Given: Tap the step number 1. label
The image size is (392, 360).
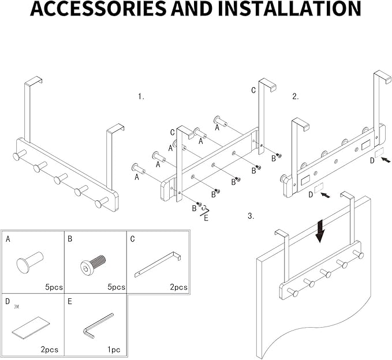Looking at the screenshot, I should (x=141, y=96).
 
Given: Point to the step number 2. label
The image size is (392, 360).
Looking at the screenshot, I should (x=295, y=96).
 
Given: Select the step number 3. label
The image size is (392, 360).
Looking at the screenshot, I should (x=251, y=216).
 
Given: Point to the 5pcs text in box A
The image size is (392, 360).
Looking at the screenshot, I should (x=54, y=287).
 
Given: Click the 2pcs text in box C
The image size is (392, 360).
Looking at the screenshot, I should (x=179, y=287).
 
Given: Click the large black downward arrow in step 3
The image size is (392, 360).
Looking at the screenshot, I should (x=320, y=232).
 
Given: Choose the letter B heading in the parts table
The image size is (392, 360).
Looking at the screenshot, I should (x=70, y=238).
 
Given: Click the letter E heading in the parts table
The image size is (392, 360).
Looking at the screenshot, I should (x=70, y=301).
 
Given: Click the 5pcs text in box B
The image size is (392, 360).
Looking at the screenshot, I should (x=117, y=287).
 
